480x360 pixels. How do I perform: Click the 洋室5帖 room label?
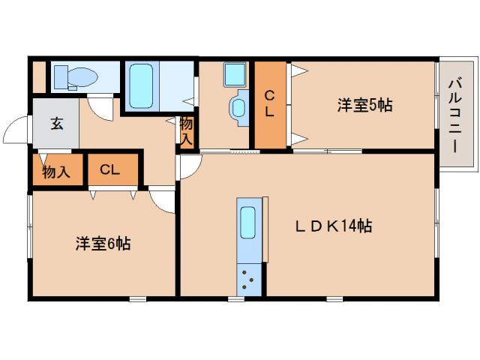click(364, 106)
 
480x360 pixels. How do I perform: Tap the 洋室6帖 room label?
click(103, 244)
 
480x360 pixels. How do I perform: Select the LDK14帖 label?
click(333, 226)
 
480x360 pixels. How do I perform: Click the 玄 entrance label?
click(57, 124)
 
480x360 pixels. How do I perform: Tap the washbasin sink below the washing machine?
click(239, 106)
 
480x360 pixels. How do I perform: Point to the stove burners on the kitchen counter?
click(248, 281)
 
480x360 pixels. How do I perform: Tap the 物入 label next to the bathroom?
click(186, 132)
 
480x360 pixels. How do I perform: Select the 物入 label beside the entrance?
click(55, 172)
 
